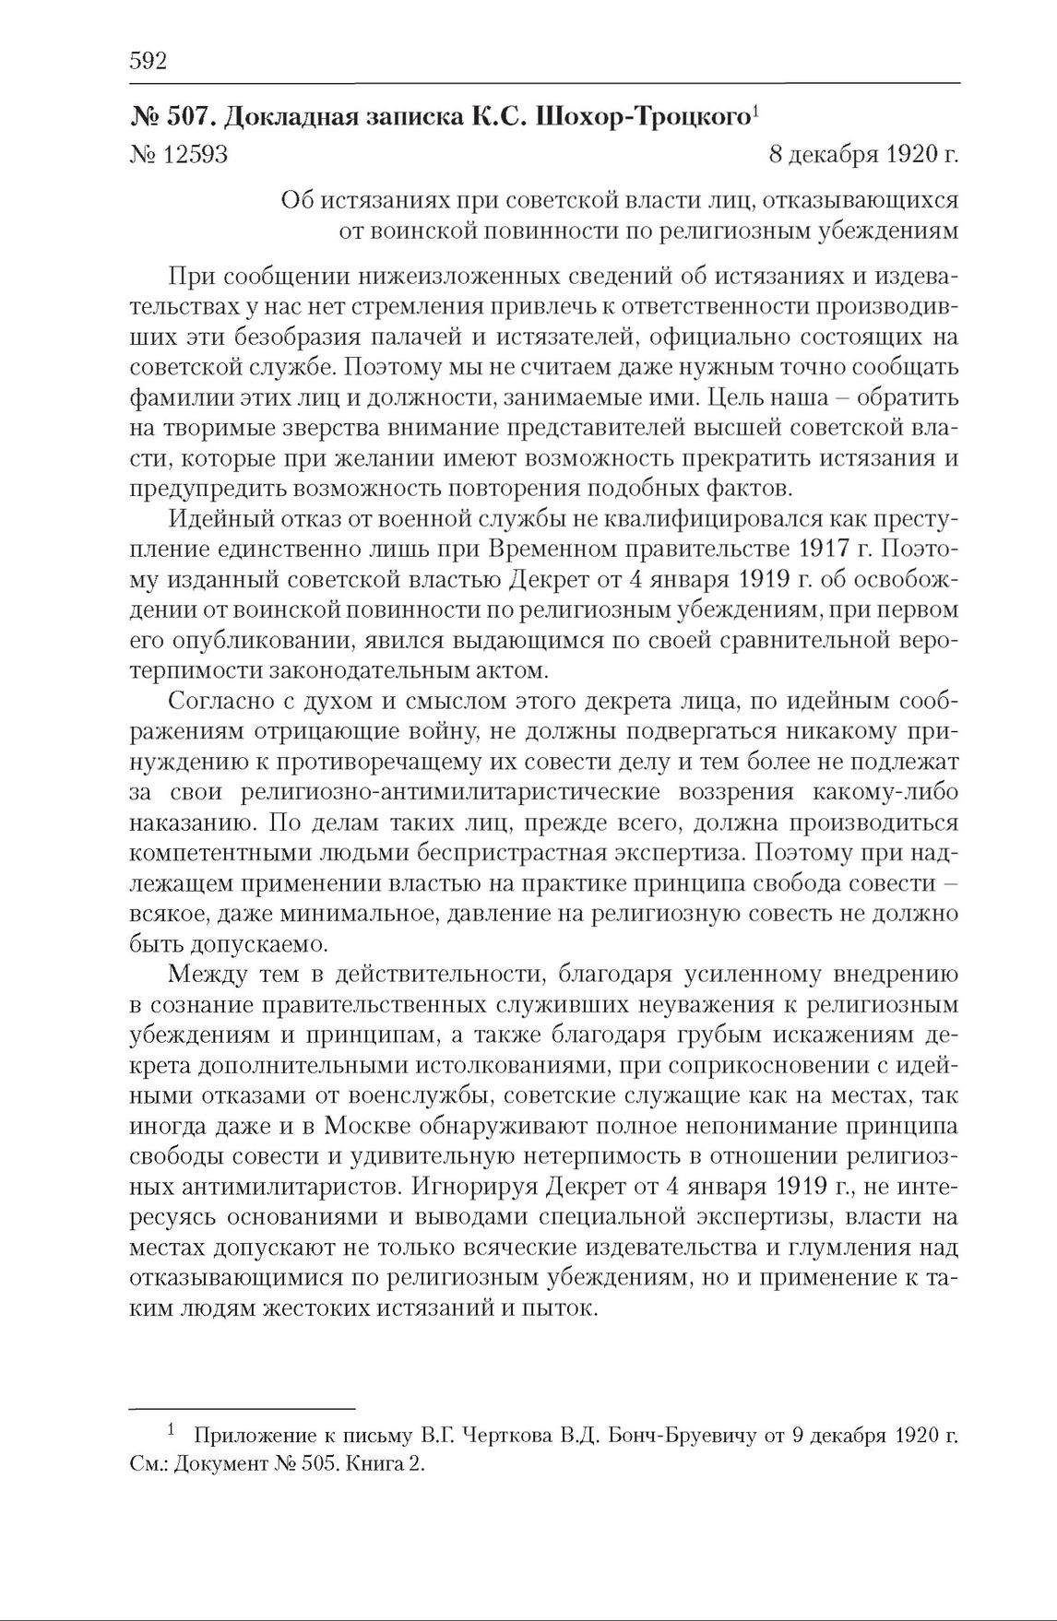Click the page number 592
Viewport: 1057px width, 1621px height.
[148, 62]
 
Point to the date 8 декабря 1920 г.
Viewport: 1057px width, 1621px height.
[863, 154]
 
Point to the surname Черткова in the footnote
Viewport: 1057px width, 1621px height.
[526, 1437]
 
